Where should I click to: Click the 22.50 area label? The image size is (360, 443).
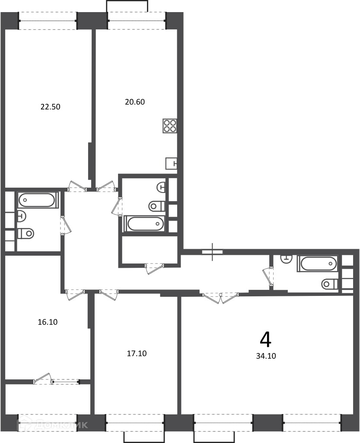[x=51, y=107]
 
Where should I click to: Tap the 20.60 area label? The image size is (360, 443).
[x=135, y=102]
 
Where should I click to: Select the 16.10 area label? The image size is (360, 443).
[x=48, y=322]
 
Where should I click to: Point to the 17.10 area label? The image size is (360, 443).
[x=137, y=353]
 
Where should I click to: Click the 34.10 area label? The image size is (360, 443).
[x=266, y=356]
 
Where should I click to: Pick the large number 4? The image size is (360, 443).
[x=265, y=340]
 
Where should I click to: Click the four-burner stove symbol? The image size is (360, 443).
[x=170, y=126]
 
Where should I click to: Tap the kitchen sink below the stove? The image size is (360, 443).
[x=171, y=163]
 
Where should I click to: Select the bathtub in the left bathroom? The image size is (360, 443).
[x=38, y=200]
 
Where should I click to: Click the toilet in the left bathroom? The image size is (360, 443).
[x=26, y=233]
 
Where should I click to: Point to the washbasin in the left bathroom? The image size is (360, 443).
[x=22, y=216]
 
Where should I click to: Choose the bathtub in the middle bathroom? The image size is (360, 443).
[x=145, y=224]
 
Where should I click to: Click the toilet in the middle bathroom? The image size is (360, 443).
[x=157, y=205]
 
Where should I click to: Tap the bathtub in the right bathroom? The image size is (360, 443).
[x=317, y=263]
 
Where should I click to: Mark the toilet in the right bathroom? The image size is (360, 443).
[x=330, y=284]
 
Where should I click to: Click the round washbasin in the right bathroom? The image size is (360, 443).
[x=286, y=259]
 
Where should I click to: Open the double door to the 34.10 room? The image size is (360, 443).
[x=220, y=298]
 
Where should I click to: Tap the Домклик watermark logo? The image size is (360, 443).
[x=52, y=425]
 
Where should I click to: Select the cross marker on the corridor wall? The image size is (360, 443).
[x=213, y=251]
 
